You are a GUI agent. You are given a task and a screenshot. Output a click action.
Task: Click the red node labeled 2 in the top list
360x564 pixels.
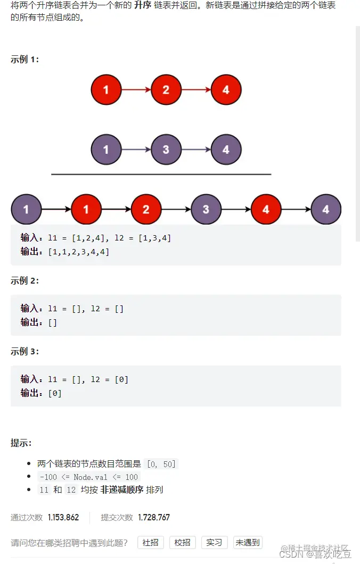(x=166, y=90)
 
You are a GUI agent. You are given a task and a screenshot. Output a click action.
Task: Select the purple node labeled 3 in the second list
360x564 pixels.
(x=166, y=150)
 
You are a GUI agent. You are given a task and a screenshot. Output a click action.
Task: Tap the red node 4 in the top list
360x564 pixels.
(x=226, y=90)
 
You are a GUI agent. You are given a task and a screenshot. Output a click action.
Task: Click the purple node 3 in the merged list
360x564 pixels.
(x=206, y=209)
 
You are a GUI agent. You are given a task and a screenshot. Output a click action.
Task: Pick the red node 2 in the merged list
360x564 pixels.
(x=146, y=209)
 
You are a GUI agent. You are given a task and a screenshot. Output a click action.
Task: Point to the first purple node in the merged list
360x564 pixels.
(x=26, y=209)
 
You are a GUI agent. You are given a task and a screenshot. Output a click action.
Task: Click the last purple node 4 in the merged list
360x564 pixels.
(x=326, y=209)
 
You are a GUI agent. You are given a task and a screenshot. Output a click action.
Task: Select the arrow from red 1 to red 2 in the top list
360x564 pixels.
(x=136, y=90)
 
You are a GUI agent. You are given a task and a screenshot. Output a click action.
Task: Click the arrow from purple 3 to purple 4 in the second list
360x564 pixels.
(x=196, y=150)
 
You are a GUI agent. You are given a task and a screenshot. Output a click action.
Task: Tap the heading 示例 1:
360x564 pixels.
(x=24, y=60)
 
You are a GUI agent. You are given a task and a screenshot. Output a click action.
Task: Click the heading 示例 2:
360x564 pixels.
(x=24, y=281)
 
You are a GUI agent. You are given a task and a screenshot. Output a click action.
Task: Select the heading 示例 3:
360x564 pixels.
(x=24, y=352)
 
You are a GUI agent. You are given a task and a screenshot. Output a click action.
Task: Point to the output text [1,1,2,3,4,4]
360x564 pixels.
(x=78, y=252)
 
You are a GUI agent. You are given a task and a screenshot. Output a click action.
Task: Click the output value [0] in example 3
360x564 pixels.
(x=55, y=393)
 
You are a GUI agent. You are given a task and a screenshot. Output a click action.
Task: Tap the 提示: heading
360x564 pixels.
(x=21, y=443)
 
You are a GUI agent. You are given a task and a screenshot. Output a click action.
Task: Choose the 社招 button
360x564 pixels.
(x=151, y=542)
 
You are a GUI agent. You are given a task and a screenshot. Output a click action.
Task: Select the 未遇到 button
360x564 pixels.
(x=248, y=542)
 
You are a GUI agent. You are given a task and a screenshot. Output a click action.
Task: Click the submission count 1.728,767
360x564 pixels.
(x=154, y=517)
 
